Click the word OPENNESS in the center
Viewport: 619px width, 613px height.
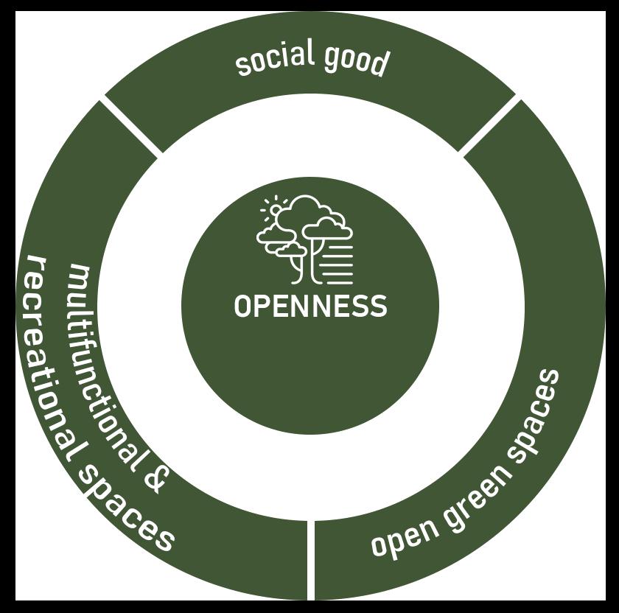(x=310, y=306)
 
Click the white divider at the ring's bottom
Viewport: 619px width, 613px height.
(x=310, y=560)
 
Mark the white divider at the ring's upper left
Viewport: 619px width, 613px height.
(x=131, y=127)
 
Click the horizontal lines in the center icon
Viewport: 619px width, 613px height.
(x=338, y=264)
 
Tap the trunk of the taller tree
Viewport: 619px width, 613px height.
(x=315, y=262)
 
